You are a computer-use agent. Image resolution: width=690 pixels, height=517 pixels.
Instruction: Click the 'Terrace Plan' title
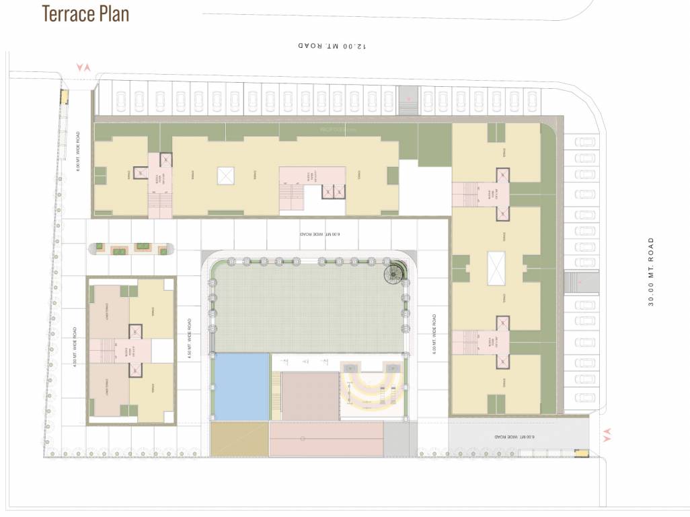pos(85,13)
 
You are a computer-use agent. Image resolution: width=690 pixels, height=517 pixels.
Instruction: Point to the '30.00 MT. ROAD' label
pos(650,271)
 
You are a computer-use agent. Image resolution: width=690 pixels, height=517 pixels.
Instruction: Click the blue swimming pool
pos(241,387)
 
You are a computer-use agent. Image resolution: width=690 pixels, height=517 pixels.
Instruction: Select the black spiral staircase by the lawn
pos(391,274)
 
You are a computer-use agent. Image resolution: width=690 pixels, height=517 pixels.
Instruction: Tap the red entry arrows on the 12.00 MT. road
pos(84,67)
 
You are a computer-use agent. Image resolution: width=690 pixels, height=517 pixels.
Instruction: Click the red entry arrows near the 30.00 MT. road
pos(609,435)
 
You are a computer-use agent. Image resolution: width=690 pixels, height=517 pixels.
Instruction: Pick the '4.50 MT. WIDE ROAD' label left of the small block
pos(75,344)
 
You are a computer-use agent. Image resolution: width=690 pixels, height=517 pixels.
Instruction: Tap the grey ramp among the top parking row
pos(408,100)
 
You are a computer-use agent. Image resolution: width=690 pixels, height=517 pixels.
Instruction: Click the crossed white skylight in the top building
pos(225,176)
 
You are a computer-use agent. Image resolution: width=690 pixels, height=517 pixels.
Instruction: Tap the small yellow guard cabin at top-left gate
pos(65,96)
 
